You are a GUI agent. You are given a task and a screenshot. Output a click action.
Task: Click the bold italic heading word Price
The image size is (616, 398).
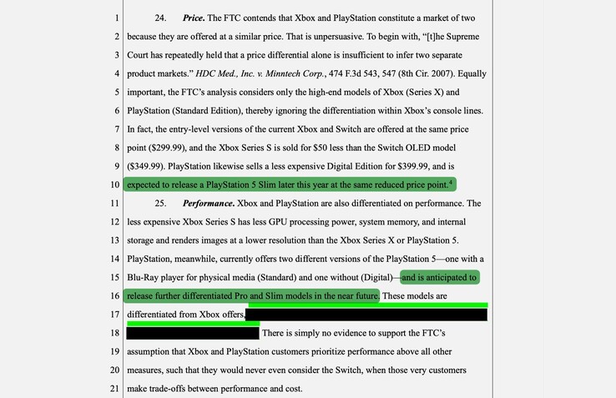(x=193, y=18)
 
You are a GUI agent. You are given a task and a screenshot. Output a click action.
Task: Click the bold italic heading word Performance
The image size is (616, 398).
(x=208, y=203)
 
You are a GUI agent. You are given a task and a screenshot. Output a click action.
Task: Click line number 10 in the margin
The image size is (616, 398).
(x=115, y=184)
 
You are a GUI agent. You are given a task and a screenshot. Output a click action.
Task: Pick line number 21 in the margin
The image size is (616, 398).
(x=115, y=388)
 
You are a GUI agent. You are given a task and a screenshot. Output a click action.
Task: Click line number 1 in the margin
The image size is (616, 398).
(x=118, y=18)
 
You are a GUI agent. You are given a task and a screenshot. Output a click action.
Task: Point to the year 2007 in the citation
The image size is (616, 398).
(x=447, y=73)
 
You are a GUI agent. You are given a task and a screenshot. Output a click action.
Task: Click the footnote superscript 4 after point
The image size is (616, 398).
(x=452, y=181)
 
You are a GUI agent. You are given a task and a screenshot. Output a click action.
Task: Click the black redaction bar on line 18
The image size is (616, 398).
(x=192, y=333)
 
